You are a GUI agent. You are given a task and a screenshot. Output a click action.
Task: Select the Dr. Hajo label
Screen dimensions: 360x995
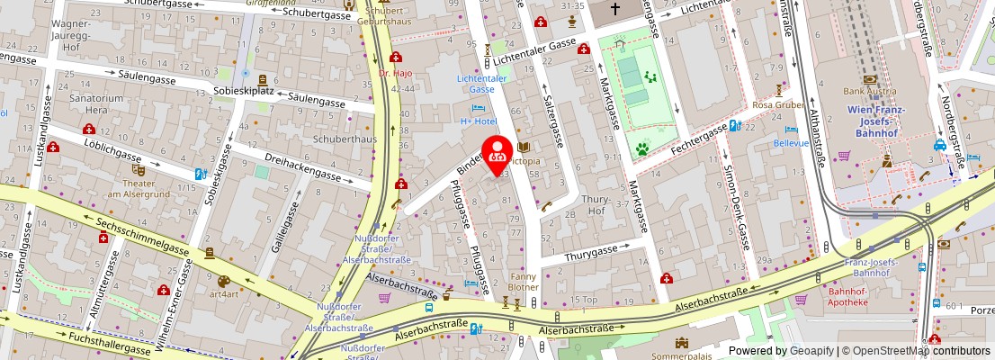coord(395,73)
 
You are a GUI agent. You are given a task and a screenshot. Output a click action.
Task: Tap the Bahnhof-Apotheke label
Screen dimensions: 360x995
coord(847,296)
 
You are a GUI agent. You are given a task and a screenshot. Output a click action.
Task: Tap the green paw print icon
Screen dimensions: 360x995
coord(642,148)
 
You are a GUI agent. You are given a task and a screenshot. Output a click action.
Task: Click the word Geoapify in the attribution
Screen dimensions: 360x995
coord(811,351)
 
